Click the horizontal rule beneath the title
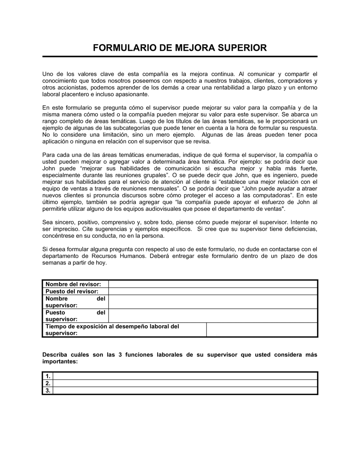coord(180,56)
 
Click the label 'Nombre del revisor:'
coord(73,284)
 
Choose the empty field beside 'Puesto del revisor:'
coord(212,291)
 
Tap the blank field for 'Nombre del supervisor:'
coord(212,302)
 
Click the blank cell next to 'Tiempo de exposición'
coord(262,329)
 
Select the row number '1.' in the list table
coord(48,376)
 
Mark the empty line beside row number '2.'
coord(185,383)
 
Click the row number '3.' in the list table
coord(48,390)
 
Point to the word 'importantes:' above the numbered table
coord(60,361)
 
